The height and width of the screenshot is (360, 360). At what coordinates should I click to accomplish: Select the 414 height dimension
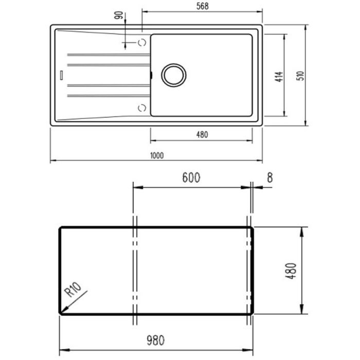tap(278, 78)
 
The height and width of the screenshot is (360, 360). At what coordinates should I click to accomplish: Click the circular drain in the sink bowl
tap(173, 75)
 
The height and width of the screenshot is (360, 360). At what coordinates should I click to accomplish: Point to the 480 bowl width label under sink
tap(202, 135)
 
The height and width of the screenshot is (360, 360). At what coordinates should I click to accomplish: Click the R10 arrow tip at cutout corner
tap(61, 312)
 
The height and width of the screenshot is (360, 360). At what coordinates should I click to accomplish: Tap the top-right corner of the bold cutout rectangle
tap(251, 228)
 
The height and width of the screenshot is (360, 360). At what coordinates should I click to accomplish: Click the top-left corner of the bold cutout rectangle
tap(60, 228)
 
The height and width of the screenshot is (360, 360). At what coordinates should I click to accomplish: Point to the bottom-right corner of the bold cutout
tap(251, 312)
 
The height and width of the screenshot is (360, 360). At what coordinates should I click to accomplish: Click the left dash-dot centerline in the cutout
tap(135, 270)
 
